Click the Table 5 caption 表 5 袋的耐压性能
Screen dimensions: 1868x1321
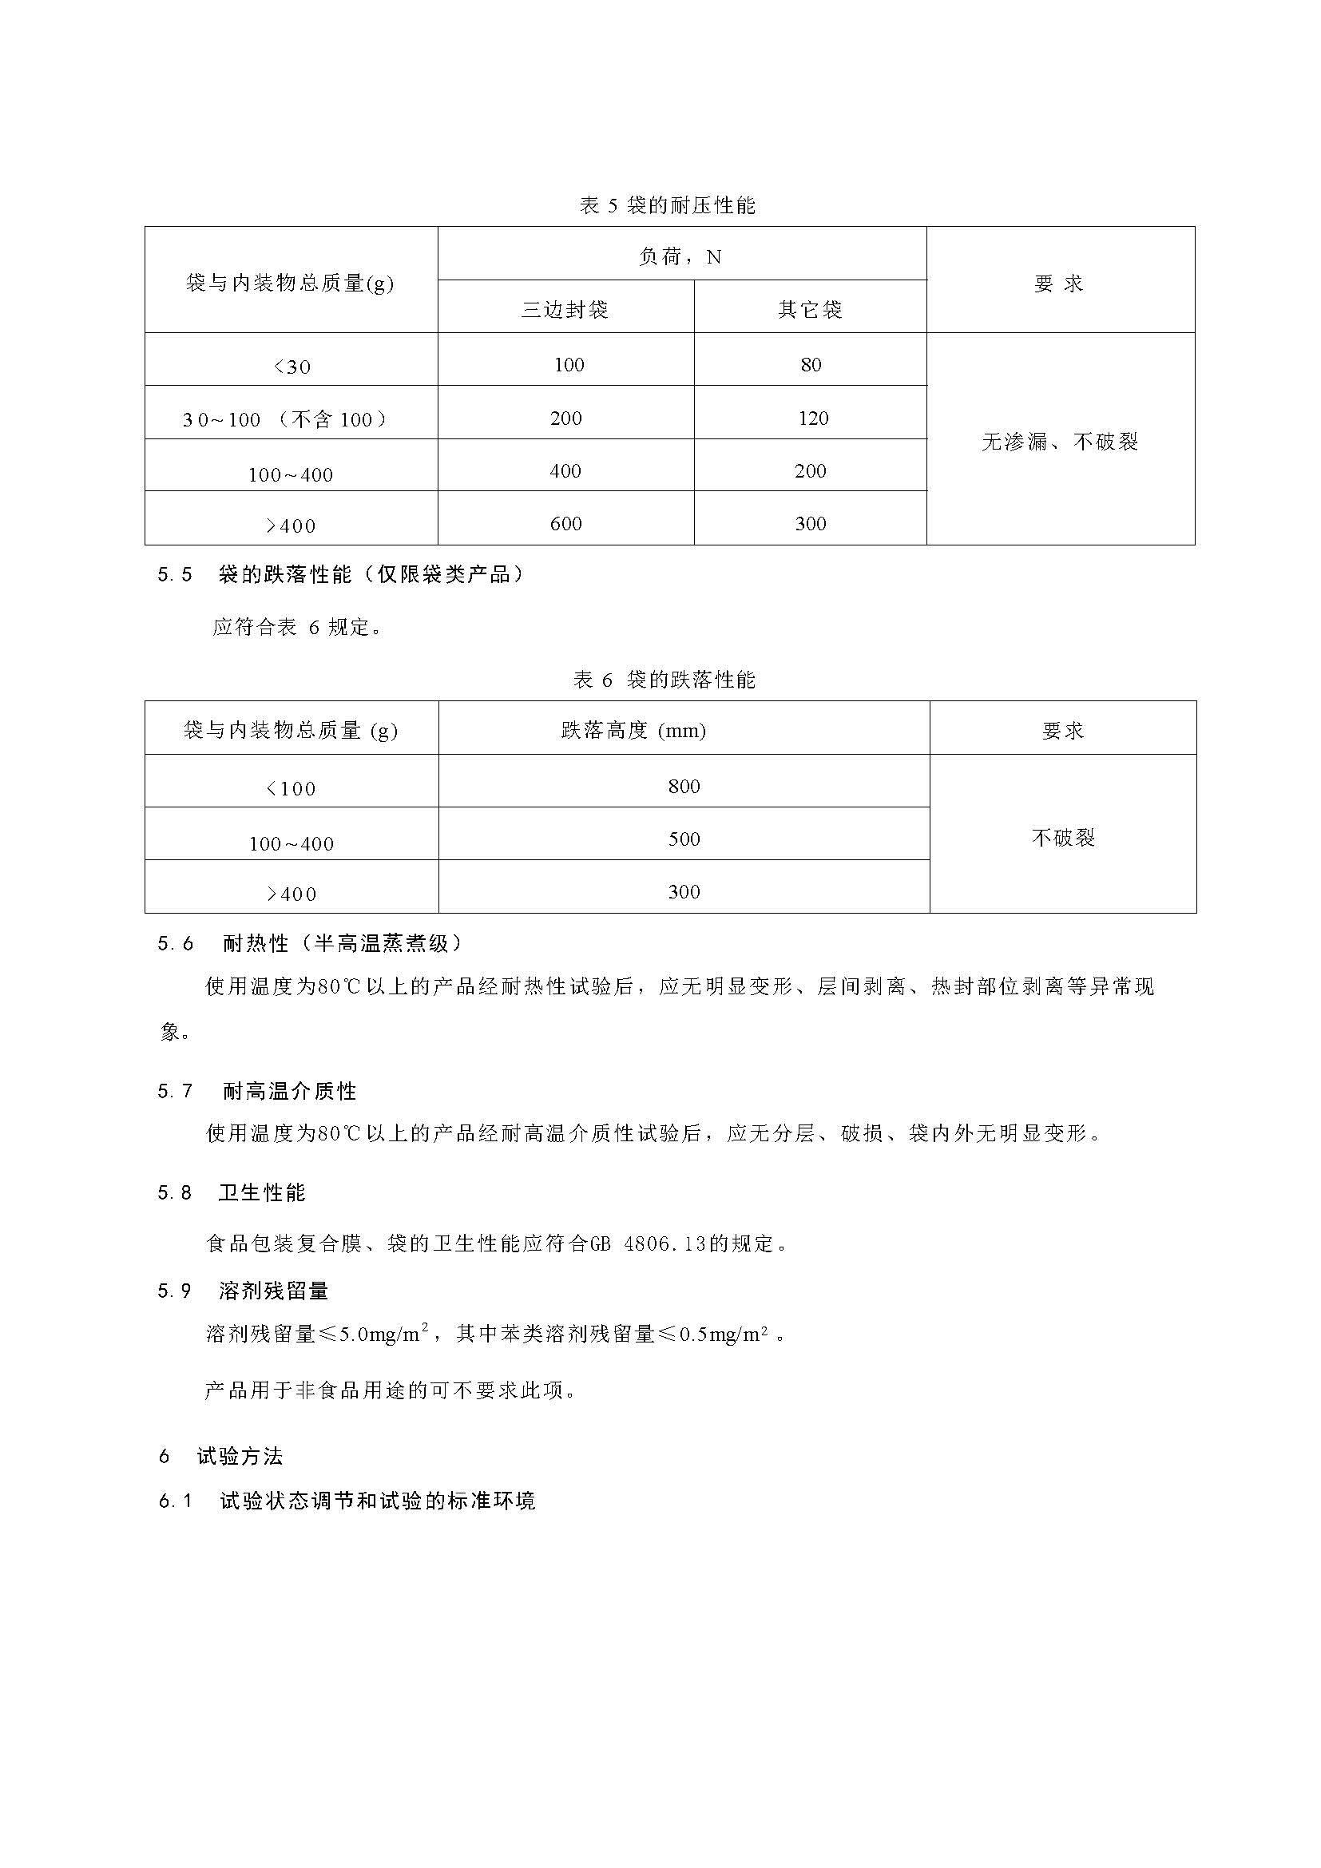point(667,206)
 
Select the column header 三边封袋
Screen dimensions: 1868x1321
point(565,310)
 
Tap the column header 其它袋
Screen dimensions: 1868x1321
point(810,310)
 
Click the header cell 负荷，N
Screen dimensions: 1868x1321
point(680,257)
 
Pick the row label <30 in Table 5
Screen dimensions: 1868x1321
point(292,367)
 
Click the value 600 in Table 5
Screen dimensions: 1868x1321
point(565,524)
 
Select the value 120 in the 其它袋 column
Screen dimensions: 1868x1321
point(812,418)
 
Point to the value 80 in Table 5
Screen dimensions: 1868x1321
point(810,365)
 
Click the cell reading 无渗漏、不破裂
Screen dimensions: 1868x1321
point(1059,442)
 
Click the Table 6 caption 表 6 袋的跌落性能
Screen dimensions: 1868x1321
point(664,680)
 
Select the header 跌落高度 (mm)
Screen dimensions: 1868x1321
point(633,731)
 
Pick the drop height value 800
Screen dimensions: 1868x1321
point(684,786)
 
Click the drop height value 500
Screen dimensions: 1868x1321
point(684,839)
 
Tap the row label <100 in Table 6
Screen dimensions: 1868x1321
point(292,788)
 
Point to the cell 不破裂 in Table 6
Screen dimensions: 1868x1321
point(1062,837)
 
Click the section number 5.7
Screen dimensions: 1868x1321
point(175,1091)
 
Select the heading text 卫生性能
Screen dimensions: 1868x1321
point(262,1192)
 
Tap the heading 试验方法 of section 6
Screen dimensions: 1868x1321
point(240,1457)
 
